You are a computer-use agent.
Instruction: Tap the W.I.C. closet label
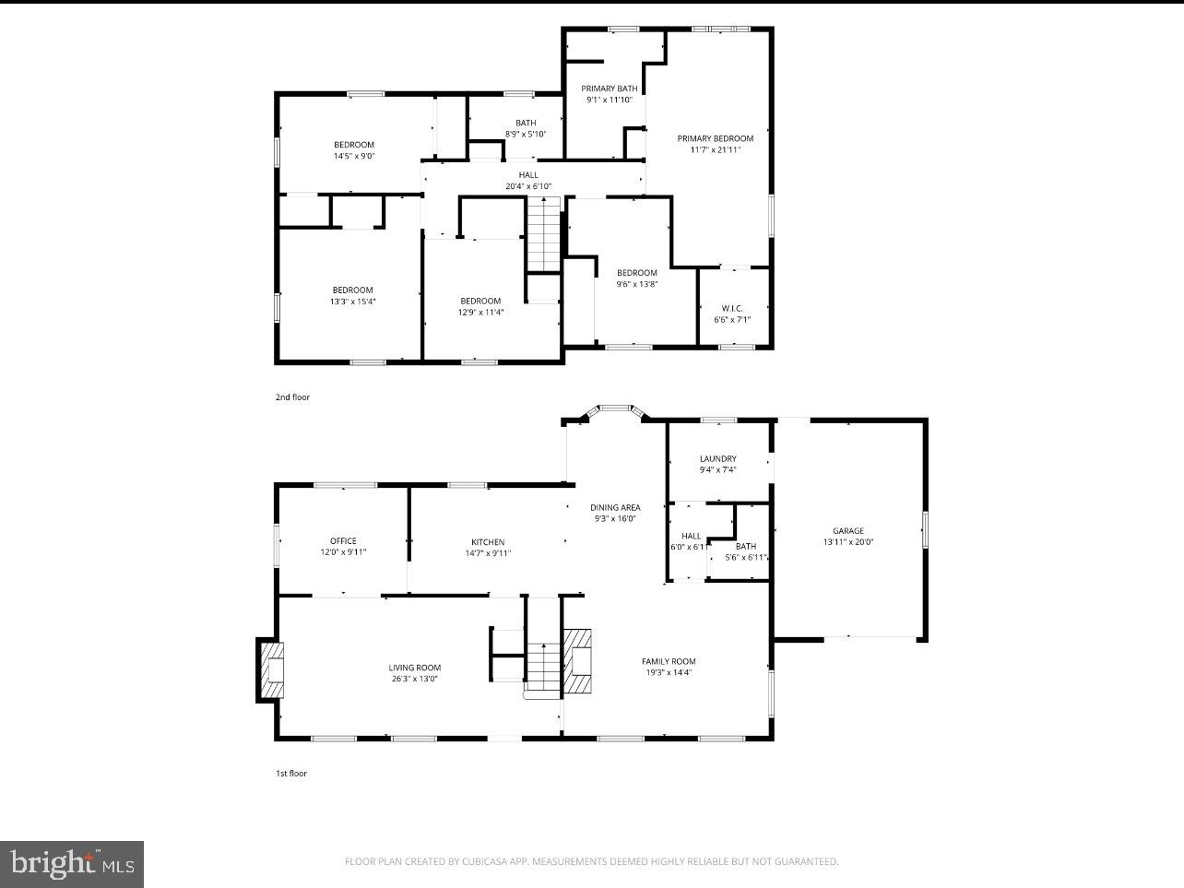coord(732,308)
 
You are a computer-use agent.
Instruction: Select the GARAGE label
coord(847,531)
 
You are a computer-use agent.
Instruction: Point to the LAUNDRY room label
coord(717,459)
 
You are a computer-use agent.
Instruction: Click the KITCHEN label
coord(488,542)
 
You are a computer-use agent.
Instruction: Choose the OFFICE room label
coord(343,541)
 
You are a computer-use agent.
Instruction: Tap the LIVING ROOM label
coord(414,668)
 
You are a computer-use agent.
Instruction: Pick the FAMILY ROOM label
coord(669,661)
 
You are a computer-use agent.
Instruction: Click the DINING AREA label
coord(615,507)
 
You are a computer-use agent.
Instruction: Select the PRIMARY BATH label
coord(609,89)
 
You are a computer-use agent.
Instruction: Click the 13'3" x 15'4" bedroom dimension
coord(353,302)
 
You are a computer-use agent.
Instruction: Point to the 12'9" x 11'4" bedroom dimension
coord(480,312)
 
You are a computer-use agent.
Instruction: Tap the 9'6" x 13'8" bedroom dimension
coord(637,284)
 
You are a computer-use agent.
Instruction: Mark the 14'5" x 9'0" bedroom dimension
coord(353,156)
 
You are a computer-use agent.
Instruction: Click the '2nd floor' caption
coord(292,397)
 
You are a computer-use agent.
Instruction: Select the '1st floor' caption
coord(291,774)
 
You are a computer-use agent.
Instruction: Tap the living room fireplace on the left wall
coord(272,671)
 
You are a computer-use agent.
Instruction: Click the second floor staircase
coord(544,235)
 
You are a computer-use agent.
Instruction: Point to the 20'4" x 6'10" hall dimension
coord(528,186)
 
